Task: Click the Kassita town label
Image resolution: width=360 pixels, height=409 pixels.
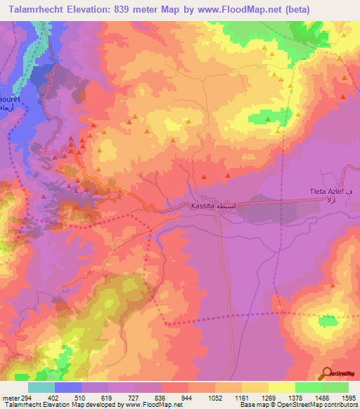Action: coord(202,206)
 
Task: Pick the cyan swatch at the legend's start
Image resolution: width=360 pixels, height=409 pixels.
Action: coord(41,387)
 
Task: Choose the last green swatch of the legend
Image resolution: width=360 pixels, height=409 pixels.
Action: coord(335,387)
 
